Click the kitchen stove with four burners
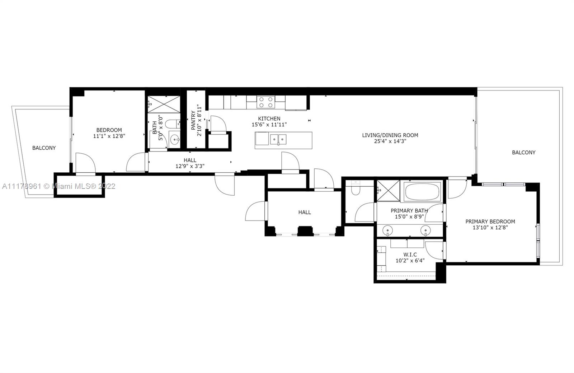click(266, 102)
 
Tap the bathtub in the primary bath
click(422, 191)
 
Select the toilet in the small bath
click(173, 124)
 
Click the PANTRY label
click(193, 120)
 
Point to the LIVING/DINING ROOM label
click(390, 135)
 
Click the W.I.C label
click(410, 255)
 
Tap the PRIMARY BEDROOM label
click(490, 222)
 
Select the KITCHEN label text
click(269, 118)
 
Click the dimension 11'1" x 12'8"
click(109, 136)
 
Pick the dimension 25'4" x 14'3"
click(390, 141)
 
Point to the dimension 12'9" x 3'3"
click(190, 166)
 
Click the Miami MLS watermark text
click(59, 186)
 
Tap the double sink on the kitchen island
click(278, 140)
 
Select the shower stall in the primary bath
click(388, 191)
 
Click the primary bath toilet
click(356, 188)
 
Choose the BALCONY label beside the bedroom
click(44, 148)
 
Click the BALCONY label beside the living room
click(523, 153)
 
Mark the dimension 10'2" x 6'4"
click(410, 261)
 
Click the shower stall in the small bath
click(164, 104)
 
